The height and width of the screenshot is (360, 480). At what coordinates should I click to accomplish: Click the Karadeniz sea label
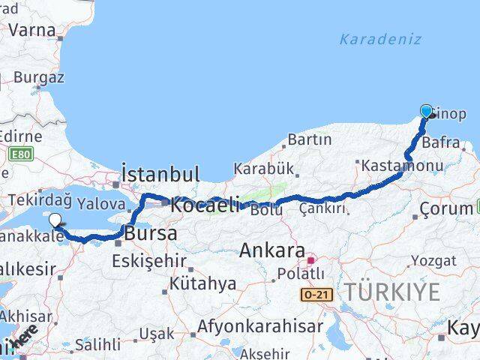[380, 39]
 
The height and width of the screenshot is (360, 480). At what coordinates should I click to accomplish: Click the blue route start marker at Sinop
[427, 112]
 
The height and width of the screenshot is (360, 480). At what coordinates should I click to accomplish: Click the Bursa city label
[151, 233]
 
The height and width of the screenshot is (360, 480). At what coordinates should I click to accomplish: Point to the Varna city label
[32, 31]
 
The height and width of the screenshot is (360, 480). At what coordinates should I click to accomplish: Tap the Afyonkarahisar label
[260, 327]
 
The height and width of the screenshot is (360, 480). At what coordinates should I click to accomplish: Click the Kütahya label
[202, 284]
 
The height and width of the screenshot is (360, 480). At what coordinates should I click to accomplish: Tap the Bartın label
[309, 139]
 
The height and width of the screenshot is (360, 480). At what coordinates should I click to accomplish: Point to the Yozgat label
[433, 261]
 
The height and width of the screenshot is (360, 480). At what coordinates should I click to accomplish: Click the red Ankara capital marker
[310, 261]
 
